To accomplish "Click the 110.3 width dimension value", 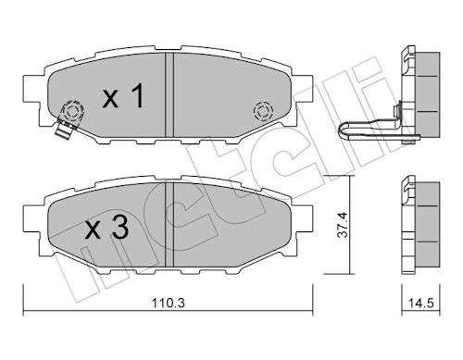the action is click(x=168, y=303).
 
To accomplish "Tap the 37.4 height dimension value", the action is click(x=343, y=225).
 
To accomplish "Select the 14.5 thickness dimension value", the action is click(x=421, y=303).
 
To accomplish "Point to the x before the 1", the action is click(x=110, y=99).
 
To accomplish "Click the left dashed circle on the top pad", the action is click(x=73, y=111).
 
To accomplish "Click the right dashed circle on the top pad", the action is click(x=263, y=111).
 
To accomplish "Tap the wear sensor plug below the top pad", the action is click(x=64, y=129).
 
